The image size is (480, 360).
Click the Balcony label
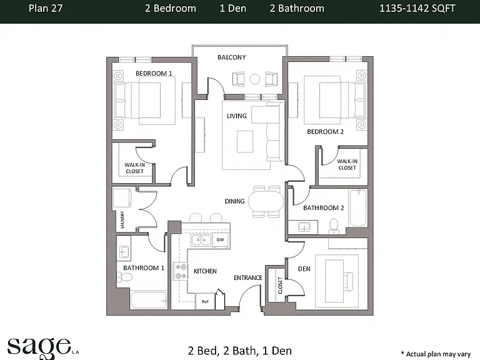point(231,57)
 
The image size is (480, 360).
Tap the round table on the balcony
point(255,79)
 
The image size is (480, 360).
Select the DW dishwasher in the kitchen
point(221,240)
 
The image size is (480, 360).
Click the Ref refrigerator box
point(205,301)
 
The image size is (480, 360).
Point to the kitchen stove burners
point(180,271)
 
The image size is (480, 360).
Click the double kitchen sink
point(201,240)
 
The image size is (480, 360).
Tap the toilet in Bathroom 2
point(333,226)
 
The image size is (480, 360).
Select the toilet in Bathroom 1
point(125,277)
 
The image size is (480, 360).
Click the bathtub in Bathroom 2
point(358,207)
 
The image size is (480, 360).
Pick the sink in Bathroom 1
point(124,252)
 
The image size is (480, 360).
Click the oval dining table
point(266,201)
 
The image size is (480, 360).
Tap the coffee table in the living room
point(245,141)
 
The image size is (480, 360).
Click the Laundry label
point(122,219)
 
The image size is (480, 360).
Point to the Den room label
point(304,269)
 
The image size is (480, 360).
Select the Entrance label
point(248,277)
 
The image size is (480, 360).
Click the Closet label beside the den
point(280,285)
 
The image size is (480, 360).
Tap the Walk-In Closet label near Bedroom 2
point(347,164)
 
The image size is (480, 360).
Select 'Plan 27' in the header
point(46,8)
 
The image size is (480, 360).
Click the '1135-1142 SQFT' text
point(417,8)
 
